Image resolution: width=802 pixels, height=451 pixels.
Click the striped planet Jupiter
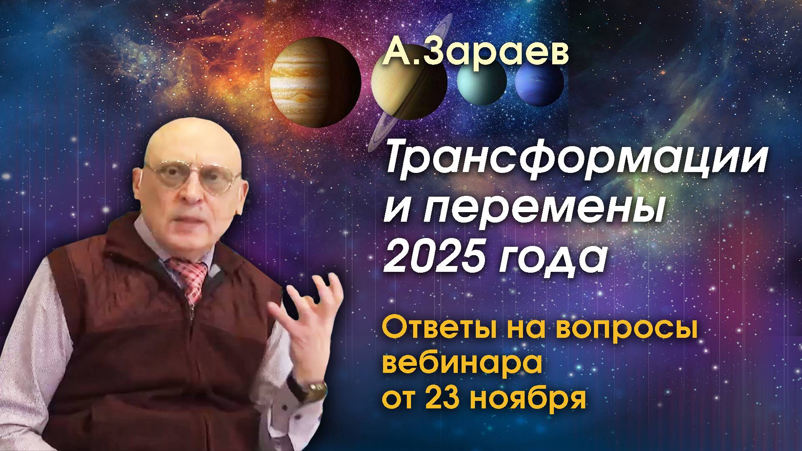[315, 81]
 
